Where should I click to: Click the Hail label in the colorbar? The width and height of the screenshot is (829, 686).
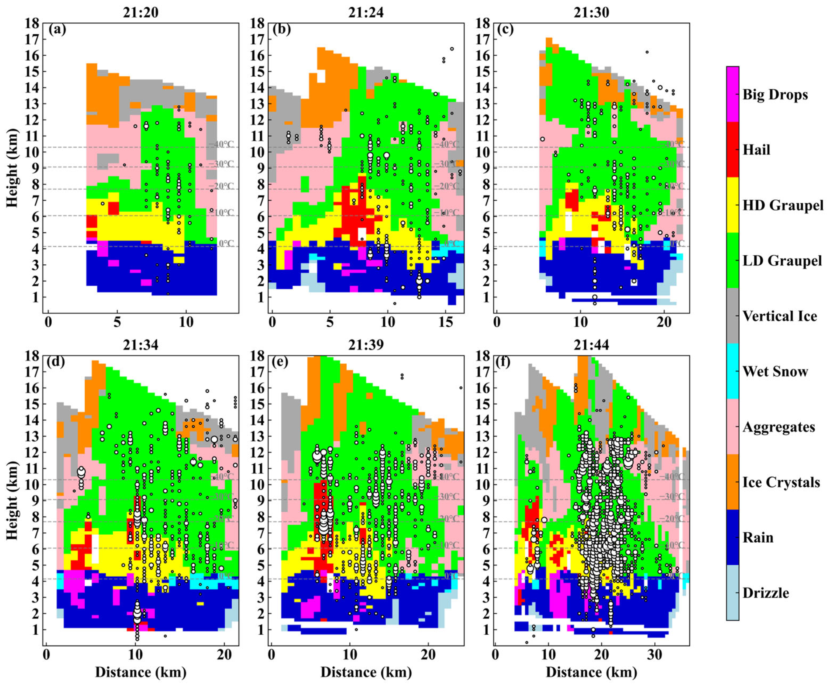point(756,150)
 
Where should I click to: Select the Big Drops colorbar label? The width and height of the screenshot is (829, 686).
point(775,95)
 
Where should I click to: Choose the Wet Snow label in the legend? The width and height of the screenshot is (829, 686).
point(775,371)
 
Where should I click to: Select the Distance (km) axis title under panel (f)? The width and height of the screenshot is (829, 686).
point(591,672)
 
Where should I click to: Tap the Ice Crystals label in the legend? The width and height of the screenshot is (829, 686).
point(781,482)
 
